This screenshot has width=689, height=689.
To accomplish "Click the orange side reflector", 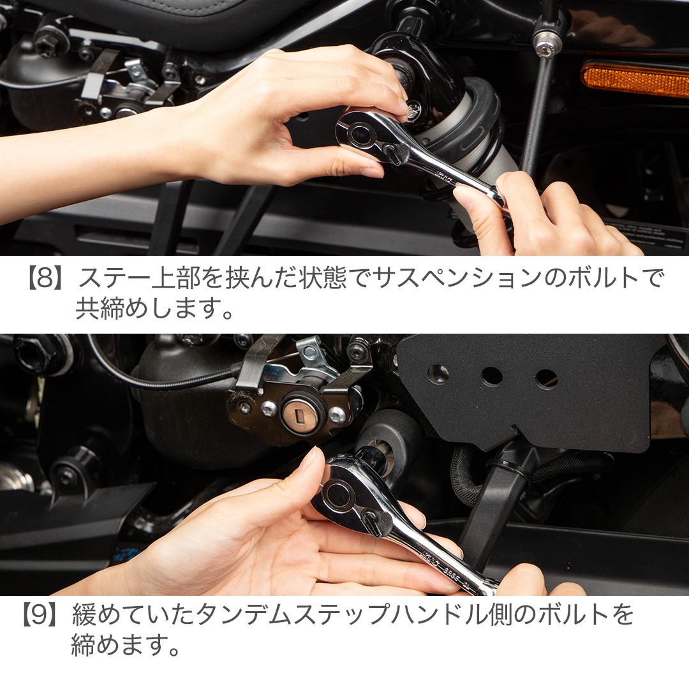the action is (x=635, y=79).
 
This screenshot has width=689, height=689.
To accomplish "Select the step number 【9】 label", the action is (x=40, y=614).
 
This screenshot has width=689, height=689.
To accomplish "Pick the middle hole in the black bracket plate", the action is (x=492, y=376).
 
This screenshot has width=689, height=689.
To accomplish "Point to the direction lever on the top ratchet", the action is (x=396, y=152).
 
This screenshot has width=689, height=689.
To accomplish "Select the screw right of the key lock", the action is (x=337, y=415).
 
